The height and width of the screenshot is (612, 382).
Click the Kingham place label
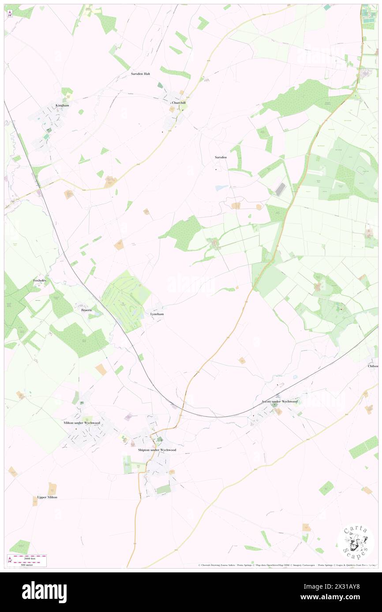coord(62,106)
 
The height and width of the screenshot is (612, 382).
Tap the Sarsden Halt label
coord(140,74)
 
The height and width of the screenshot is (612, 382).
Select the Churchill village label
coord(179,103)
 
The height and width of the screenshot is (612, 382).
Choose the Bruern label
coord(86,310)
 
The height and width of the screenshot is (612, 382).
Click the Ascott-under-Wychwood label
coord(279,402)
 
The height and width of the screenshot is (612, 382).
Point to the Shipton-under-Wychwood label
coord(157,450)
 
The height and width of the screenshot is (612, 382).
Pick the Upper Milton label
coord(47,497)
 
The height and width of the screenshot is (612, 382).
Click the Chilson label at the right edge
coord(373,366)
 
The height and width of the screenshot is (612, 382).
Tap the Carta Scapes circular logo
coord(356,542)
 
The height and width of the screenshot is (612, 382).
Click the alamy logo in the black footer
coord(44,592)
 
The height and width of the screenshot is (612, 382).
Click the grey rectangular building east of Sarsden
coord(281,189)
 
